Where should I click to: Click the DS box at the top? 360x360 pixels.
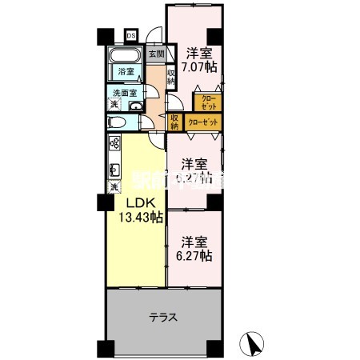pyautogui.click(x=130, y=35)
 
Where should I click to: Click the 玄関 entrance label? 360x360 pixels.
pyautogui.click(x=157, y=54)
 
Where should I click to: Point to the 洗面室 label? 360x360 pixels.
pyautogui.click(x=124, y=93)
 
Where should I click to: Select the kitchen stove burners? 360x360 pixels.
pyautogui.click(x=114, y=144)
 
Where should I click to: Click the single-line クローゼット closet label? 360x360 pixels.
pyautogui.click(x=203, y=122)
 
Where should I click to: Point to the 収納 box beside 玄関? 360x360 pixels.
pyautogui.click(x=171, y=77)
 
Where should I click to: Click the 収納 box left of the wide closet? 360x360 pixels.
pyautogui.click(x=174, y=121)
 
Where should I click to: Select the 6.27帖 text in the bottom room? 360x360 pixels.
pyautogui.click(x=195, y=256)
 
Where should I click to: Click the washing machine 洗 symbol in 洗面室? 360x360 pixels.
pyautogui.click(x=114, y=106)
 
